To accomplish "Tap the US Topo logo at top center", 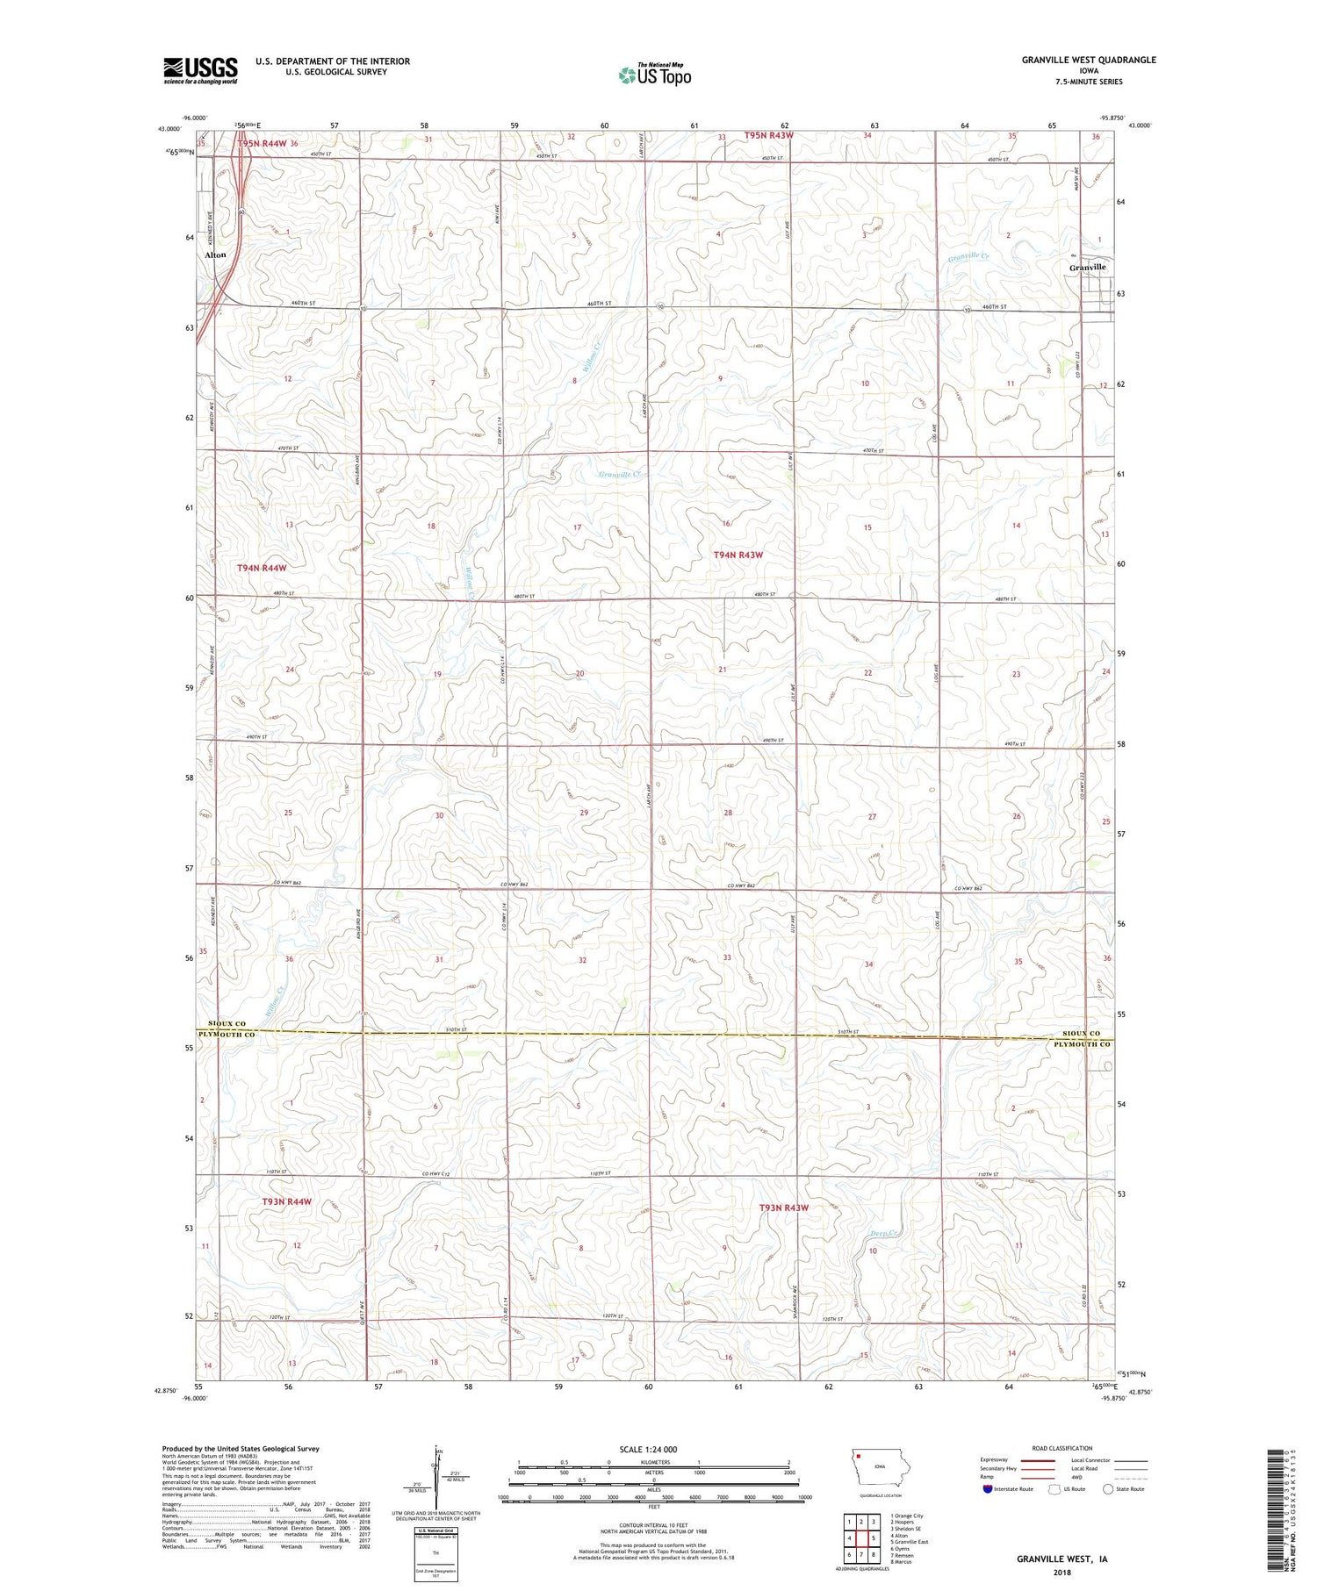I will [654, 75].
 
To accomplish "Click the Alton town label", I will [215, 254].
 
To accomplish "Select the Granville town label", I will [1087, 267].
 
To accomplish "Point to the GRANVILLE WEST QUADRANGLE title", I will [1088, 60].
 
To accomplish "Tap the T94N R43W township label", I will [738, 555].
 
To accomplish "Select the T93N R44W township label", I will [286, 1201].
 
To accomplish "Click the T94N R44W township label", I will [262, 568].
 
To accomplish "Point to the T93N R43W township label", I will [783, 1208].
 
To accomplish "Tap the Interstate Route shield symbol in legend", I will [988, 1489].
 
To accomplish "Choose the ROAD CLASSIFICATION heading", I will [1062, 1448].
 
